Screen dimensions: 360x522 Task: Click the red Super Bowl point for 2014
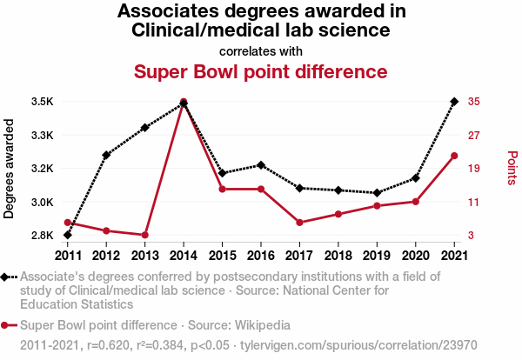184,102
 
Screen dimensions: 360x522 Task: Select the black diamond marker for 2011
68,235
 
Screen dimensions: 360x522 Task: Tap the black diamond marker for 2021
454,102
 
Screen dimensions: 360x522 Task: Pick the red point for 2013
145,235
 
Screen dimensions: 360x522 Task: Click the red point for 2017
299,223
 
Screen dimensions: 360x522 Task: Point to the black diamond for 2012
106,155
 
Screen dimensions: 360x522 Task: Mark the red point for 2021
454,156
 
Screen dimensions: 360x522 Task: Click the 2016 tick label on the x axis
261,255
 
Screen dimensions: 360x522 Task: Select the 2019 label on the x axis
377,255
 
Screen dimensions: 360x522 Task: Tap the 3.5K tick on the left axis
43,102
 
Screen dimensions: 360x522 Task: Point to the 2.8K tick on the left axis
43,236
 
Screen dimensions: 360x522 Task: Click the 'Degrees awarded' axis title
10,169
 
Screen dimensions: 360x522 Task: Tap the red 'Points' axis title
512,168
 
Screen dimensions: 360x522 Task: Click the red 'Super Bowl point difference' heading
260,70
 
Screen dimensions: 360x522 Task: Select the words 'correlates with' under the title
260,50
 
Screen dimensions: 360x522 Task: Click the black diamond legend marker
6,277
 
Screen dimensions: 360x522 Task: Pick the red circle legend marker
6,325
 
